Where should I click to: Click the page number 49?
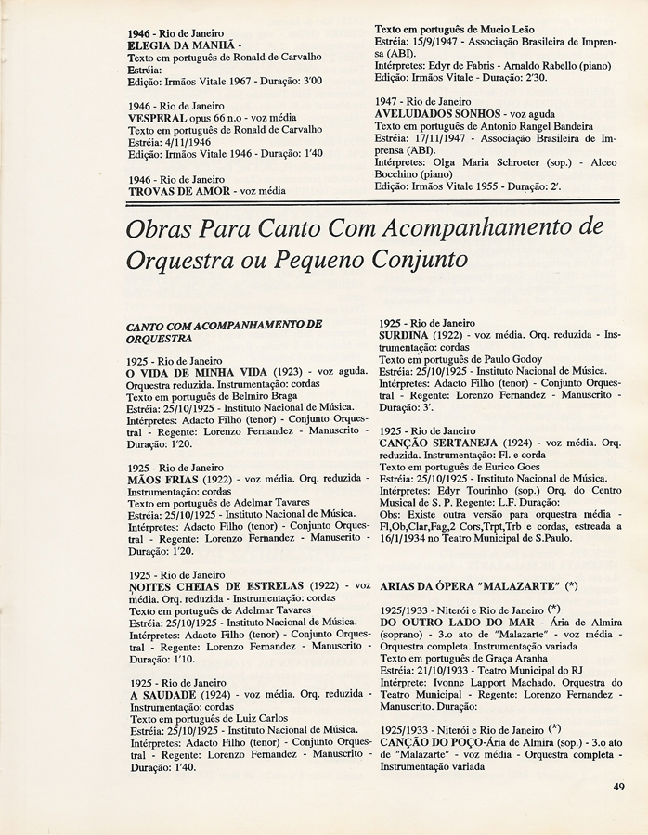(x=619, y=789)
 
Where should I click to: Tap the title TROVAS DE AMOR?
(x=181, y=191)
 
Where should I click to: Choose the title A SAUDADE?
(x=162, y=694)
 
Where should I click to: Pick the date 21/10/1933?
(x=451, y=670)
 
